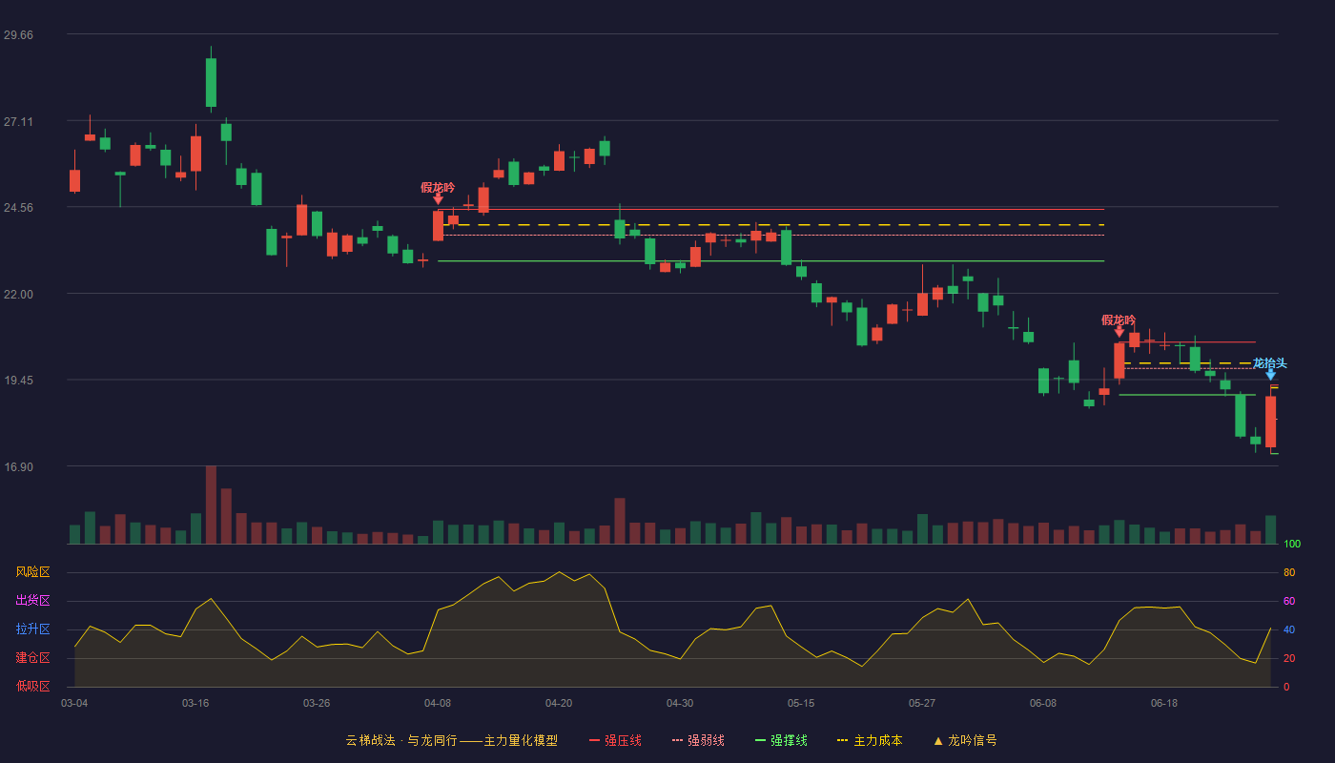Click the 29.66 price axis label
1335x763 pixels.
coord(18,35)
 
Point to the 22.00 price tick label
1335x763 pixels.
coord(18,295)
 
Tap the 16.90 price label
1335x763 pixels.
coord(18,467)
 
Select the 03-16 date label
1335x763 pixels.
coord(195,704)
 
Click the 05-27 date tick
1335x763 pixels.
coord(922,704)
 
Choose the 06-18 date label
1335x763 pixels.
coord(1164,704)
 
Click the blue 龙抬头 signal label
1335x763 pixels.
coord(1269,363)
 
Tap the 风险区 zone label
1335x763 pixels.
coord(32,572)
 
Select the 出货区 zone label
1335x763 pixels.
coord(32,600)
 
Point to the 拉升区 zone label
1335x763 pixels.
coord(32,629)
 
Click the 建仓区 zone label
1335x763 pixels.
coord(32,657)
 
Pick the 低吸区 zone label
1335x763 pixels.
coord(32,686)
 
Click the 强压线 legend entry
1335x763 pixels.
coord(615,740)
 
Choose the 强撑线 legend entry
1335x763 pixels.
coord(781,740)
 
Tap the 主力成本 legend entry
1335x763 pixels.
coord(870,740)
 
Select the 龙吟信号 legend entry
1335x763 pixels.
coord(965,740)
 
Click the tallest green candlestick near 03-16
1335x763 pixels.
coord(211,82)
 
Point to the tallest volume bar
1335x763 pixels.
coord(211,505)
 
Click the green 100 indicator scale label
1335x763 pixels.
coord(1292,544)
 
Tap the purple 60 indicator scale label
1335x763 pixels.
coord(1289,601)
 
